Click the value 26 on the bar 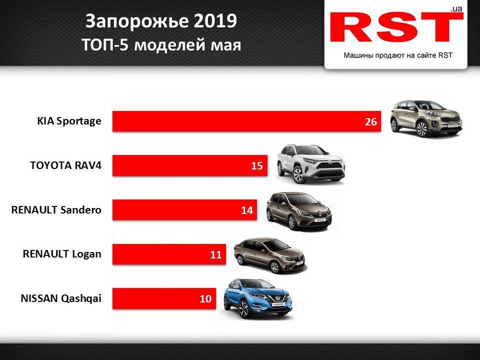coord(370,122)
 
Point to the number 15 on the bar coord(257,166)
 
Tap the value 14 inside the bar coord(247,210)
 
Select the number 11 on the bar coord(215,255)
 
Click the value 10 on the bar coord(205,299)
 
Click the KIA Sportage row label coord(69,121)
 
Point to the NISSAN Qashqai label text coord(61,299)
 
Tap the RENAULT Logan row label coord(62,254)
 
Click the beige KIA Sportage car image coord(426,118)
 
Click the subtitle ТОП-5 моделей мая coord(161,44)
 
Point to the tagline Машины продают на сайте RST coord(397,55)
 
